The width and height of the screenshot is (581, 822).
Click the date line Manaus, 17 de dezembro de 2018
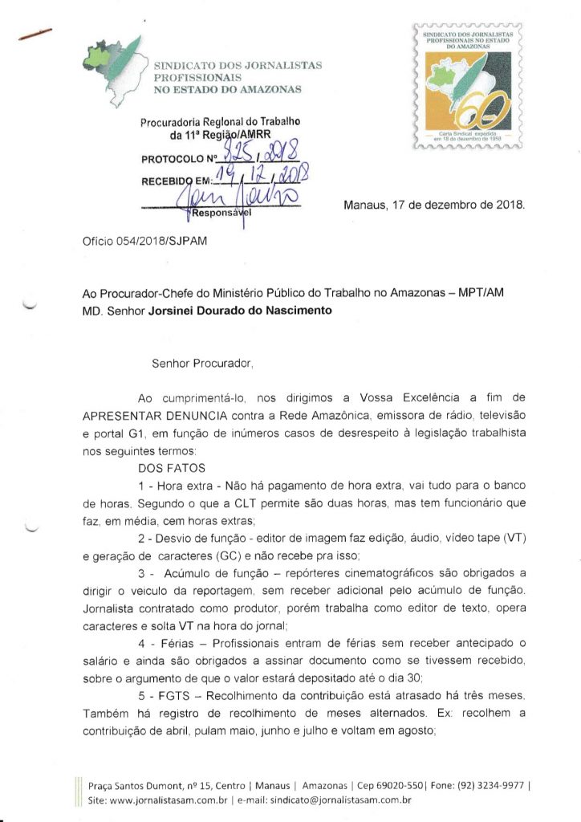coord(434,205)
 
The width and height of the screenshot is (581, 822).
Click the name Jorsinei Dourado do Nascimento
coord(241,309)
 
